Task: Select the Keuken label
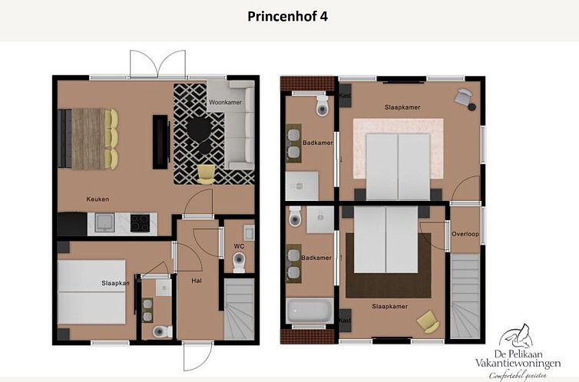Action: pos(98,199)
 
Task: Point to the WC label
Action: pos(239,246)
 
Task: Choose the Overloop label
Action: pos(465,234)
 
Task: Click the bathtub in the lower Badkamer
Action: pos(309,311)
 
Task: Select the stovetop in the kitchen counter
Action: pos(140,222)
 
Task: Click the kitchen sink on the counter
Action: pos(103,223)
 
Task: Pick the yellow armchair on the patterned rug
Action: pos(207,174)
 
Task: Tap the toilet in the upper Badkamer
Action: pos(322,107)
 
